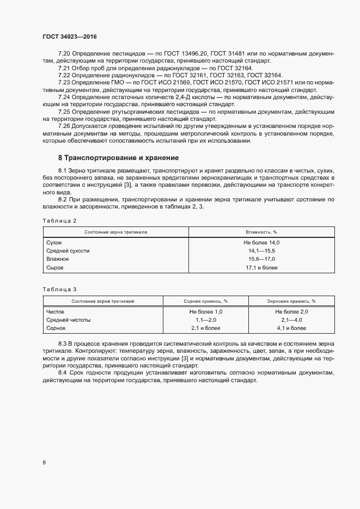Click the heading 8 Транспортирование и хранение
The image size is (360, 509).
[x=118, y=158]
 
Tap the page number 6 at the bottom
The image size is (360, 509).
[x=44, y=462]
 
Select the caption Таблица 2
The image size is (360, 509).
[x=59, y=220]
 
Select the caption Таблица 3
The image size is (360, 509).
[x=59, y=289]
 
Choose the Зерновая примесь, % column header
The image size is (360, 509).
[x=291, y=301]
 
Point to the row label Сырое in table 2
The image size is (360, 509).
[x=55, y=268]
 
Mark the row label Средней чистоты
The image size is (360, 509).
[x=68, y=320]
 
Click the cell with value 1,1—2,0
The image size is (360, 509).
[x=206, y=320]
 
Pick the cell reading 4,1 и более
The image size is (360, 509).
[x=291, y=328]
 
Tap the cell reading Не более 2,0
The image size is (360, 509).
[x=291, y=311]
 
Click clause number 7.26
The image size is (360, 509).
[x=65, y=126]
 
